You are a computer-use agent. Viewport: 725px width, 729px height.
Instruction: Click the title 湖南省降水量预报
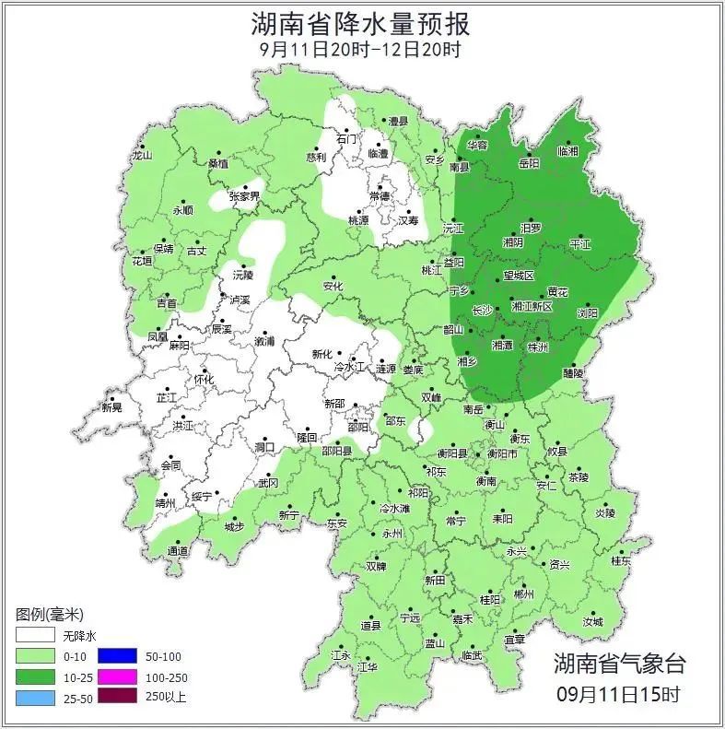361,23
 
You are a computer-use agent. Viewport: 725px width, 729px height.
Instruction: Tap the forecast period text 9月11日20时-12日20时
361,49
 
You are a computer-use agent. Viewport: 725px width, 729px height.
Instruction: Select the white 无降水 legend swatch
34,636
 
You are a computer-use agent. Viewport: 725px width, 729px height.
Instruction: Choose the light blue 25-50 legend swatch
34,697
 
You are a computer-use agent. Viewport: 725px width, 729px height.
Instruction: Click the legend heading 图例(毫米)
50,614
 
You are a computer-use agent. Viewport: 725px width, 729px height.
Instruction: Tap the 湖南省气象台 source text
619,663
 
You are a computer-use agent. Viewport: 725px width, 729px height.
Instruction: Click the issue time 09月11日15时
619,693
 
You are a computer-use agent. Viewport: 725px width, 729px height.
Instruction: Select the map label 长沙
482,311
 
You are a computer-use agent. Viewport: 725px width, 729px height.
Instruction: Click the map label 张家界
245,196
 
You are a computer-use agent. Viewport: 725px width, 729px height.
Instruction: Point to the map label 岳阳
530,163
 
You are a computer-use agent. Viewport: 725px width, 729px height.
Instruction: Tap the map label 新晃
112,407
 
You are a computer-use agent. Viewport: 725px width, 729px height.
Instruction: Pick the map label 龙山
141,156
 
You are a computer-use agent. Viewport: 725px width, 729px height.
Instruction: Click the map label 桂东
621,560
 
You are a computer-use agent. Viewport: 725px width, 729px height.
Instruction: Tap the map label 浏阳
587,313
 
